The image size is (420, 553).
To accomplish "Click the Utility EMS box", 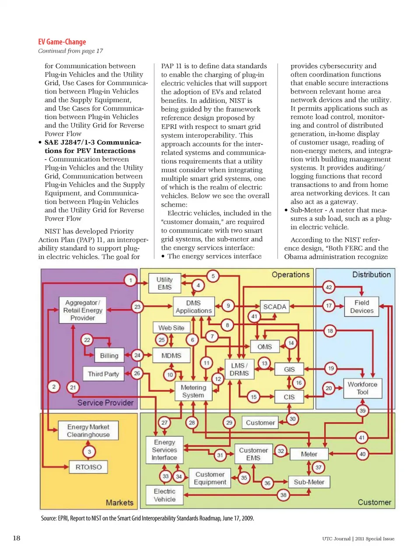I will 164,283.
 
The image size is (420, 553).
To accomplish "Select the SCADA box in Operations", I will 274,306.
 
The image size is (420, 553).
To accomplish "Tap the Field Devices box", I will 362,306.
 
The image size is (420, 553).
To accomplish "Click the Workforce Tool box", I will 362,388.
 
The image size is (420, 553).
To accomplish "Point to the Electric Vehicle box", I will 164,495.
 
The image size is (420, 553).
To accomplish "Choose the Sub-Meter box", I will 309,482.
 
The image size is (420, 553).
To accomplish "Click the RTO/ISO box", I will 88,467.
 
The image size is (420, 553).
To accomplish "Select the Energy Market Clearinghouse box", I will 88,431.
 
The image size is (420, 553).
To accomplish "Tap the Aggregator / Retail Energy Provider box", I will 83,310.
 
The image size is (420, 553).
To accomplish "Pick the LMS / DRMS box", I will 239,369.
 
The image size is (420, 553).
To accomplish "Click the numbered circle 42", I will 329,287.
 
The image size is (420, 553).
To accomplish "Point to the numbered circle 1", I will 130,280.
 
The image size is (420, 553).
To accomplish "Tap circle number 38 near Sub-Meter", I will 283,495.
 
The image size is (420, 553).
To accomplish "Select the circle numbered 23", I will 137,307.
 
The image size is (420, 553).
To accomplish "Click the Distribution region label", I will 371,275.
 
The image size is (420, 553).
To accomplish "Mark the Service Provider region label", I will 105,403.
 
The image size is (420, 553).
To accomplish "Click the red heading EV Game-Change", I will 62,42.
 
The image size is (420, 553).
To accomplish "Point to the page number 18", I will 17,538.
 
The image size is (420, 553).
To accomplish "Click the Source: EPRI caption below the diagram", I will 147,518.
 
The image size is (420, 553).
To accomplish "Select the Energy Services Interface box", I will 164,450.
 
